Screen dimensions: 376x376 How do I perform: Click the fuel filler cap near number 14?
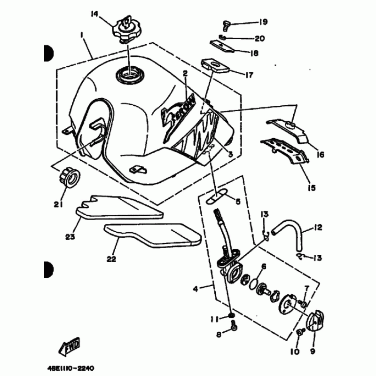click(x=125, y=29)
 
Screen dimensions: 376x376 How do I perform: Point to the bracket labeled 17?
click(x=214, y=65)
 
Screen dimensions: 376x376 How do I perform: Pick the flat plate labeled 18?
click(x=222, y=46)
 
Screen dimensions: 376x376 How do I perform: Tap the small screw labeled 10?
click(x=299, y=333)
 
